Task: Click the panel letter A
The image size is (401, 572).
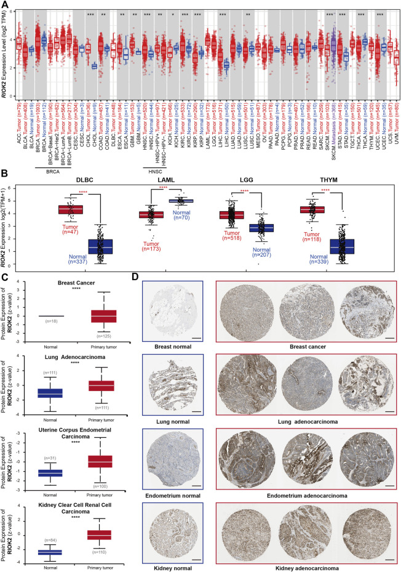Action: click(6, 6)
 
